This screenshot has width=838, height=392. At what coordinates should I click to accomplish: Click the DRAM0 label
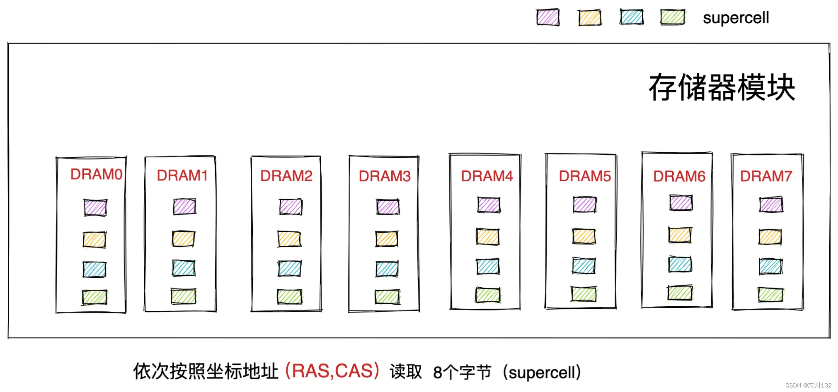point(96,174)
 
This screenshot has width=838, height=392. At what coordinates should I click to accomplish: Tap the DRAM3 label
point(385,176)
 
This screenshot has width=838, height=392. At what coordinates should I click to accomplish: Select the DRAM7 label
point(766,176)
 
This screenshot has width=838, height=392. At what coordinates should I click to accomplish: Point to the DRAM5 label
point(585,176)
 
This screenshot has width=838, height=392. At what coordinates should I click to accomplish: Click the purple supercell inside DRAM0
point(95,207)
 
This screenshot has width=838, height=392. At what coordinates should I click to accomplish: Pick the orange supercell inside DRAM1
point(184,239)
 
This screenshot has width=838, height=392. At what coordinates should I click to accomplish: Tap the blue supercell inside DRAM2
point(290,269)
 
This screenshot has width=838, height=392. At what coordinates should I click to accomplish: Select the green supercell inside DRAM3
point(387,297)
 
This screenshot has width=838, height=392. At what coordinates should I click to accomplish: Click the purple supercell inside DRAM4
point(489,205)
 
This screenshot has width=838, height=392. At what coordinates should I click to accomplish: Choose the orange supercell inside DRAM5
point(584,236)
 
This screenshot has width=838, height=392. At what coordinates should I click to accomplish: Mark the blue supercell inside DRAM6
point(680,265)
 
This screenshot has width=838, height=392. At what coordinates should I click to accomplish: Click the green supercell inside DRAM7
point(770,295)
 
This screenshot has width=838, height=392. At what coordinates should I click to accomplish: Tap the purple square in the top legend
point(547,18)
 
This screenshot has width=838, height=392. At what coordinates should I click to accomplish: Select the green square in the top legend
point(672,17)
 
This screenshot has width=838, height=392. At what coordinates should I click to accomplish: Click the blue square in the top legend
point(632,17)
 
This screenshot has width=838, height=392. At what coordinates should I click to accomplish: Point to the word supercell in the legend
point(736,18)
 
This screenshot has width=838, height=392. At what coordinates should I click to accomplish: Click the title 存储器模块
point(722,88)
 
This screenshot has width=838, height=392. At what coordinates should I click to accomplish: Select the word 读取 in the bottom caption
point(405,372)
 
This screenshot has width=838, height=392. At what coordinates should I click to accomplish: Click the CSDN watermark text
point(808,385)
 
